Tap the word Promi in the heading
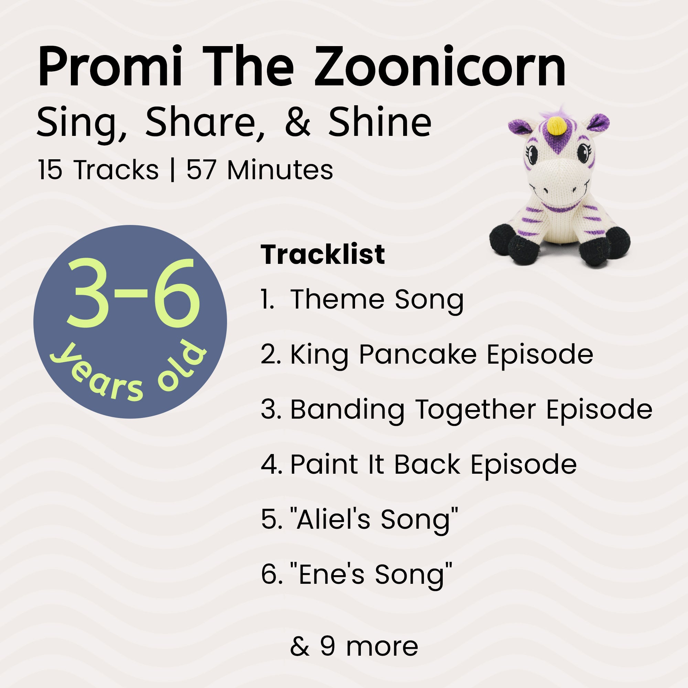(110, 67)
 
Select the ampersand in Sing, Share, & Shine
(297, 122)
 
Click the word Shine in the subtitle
(380, 122)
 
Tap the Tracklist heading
(323, 255)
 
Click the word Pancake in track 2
(417, 355)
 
